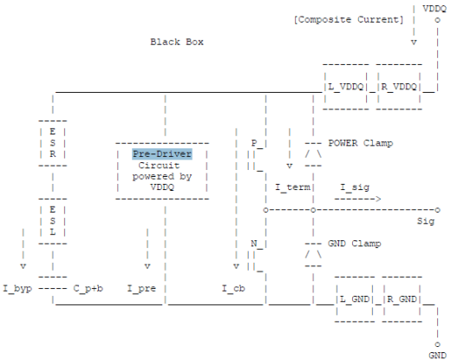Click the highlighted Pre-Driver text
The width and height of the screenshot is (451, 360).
[x=162, y=154]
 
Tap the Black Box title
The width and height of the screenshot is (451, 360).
[x=177, y=42]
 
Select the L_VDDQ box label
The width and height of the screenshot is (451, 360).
[x=346, y=87]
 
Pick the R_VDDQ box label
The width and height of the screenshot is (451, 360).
[x=399, y=87]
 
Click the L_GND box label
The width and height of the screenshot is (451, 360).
[x=355, y=299]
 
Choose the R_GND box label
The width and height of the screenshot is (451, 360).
[x=402, y=299]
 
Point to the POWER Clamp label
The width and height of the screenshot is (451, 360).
[x=360, y=143]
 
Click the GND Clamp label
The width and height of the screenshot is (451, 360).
[x=354, y=244]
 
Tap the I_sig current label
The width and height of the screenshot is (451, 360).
[x=355, y=187]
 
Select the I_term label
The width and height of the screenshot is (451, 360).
[x=292, y=187]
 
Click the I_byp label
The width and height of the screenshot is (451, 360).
[x=17, y=289]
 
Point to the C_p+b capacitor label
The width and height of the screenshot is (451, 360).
[x=88, y=288]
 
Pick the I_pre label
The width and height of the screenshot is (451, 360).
[x=141, y=288]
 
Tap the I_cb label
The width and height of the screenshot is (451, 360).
[x=233, y=288]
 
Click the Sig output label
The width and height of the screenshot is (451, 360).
[x=426, y=221]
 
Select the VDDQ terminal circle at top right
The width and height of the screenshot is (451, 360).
[x=437, y=20]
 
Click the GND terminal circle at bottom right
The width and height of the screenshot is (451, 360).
[x=437, y=344]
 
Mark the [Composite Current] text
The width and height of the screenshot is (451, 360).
[x=349, y=20]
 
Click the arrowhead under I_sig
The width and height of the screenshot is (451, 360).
[x=378, y=199]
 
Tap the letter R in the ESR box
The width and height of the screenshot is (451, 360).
[x=52, y=154]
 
